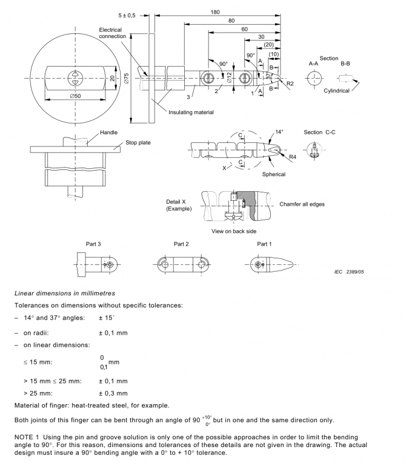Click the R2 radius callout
click(290, 82)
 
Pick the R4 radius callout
click(292, 156)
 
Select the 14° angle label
click(279, 131)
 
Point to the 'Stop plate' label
click(139, 143)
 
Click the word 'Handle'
click(109, 132)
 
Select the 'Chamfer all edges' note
click(302, 204)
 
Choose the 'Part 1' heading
click(264, 244)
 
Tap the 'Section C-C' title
click(322, 132)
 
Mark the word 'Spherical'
click(273, 174)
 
